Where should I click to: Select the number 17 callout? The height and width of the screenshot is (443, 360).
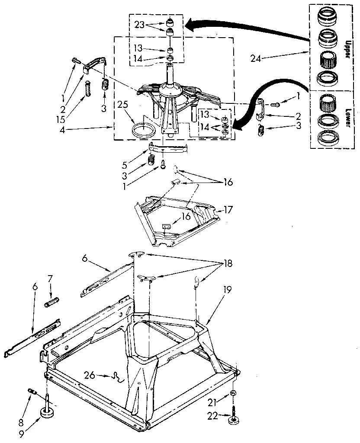click(x=228, y=211)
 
